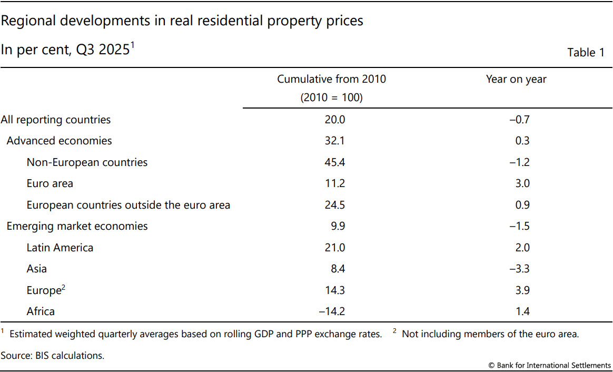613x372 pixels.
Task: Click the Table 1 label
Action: [586, 53]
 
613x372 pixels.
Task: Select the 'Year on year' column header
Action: [516, 80]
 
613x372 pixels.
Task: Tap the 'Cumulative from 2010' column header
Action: [331, 80]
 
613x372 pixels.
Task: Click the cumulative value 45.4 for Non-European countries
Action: [334, 162]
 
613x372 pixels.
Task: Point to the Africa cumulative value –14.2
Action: [332, 311]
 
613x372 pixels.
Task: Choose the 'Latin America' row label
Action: [60, 248]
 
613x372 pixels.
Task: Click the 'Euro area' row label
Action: [50, 184]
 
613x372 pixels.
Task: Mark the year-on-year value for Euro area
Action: [522, 184]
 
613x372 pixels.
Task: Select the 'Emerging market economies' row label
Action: [77, 227]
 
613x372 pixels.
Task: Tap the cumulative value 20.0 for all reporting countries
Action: [334, 120]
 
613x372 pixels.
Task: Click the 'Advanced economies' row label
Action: [59, 141]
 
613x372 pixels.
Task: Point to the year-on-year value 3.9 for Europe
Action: [522, 290]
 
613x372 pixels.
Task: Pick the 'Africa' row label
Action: [41, 311]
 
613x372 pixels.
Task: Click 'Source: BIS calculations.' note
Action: [53, 356]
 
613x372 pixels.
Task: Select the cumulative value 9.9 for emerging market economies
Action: [337, 227]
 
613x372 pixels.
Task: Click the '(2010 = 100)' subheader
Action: [331, 98]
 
